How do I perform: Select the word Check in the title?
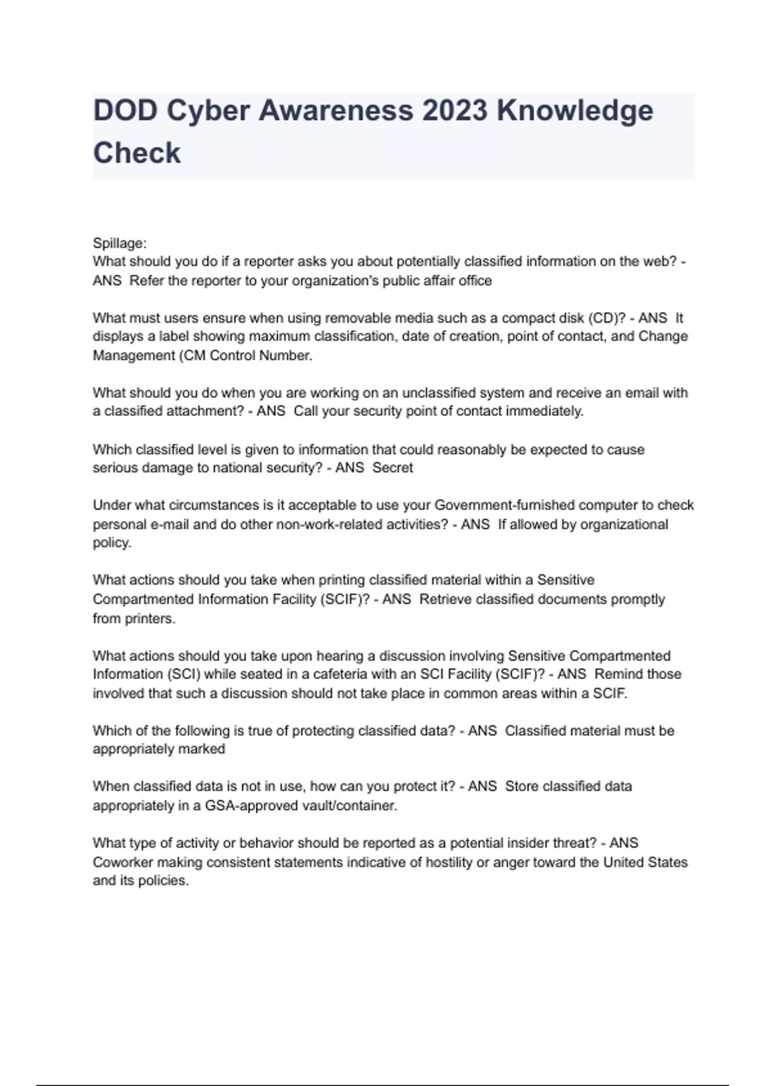point(137,153)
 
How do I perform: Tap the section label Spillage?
point(119,243)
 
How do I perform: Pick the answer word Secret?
point(393,468)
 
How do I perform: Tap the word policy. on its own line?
point(112,543)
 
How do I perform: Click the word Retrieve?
point(446,599)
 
